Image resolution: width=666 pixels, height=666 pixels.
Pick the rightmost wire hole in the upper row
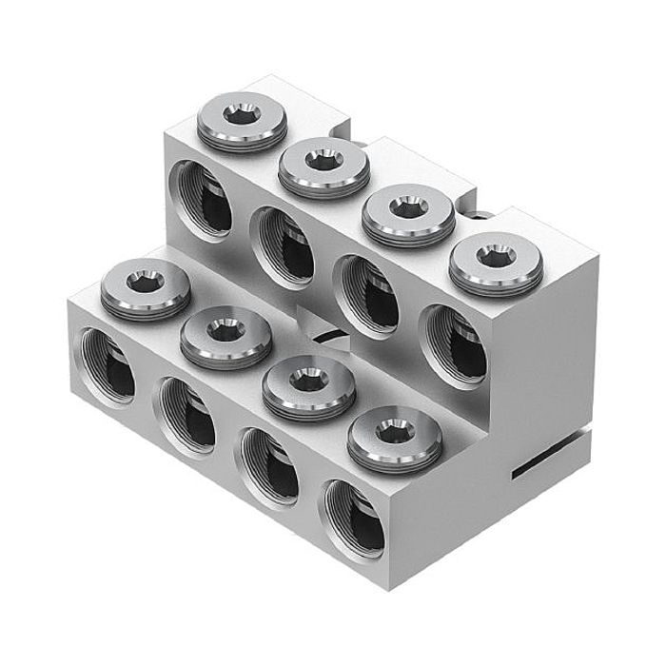(454, 342)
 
